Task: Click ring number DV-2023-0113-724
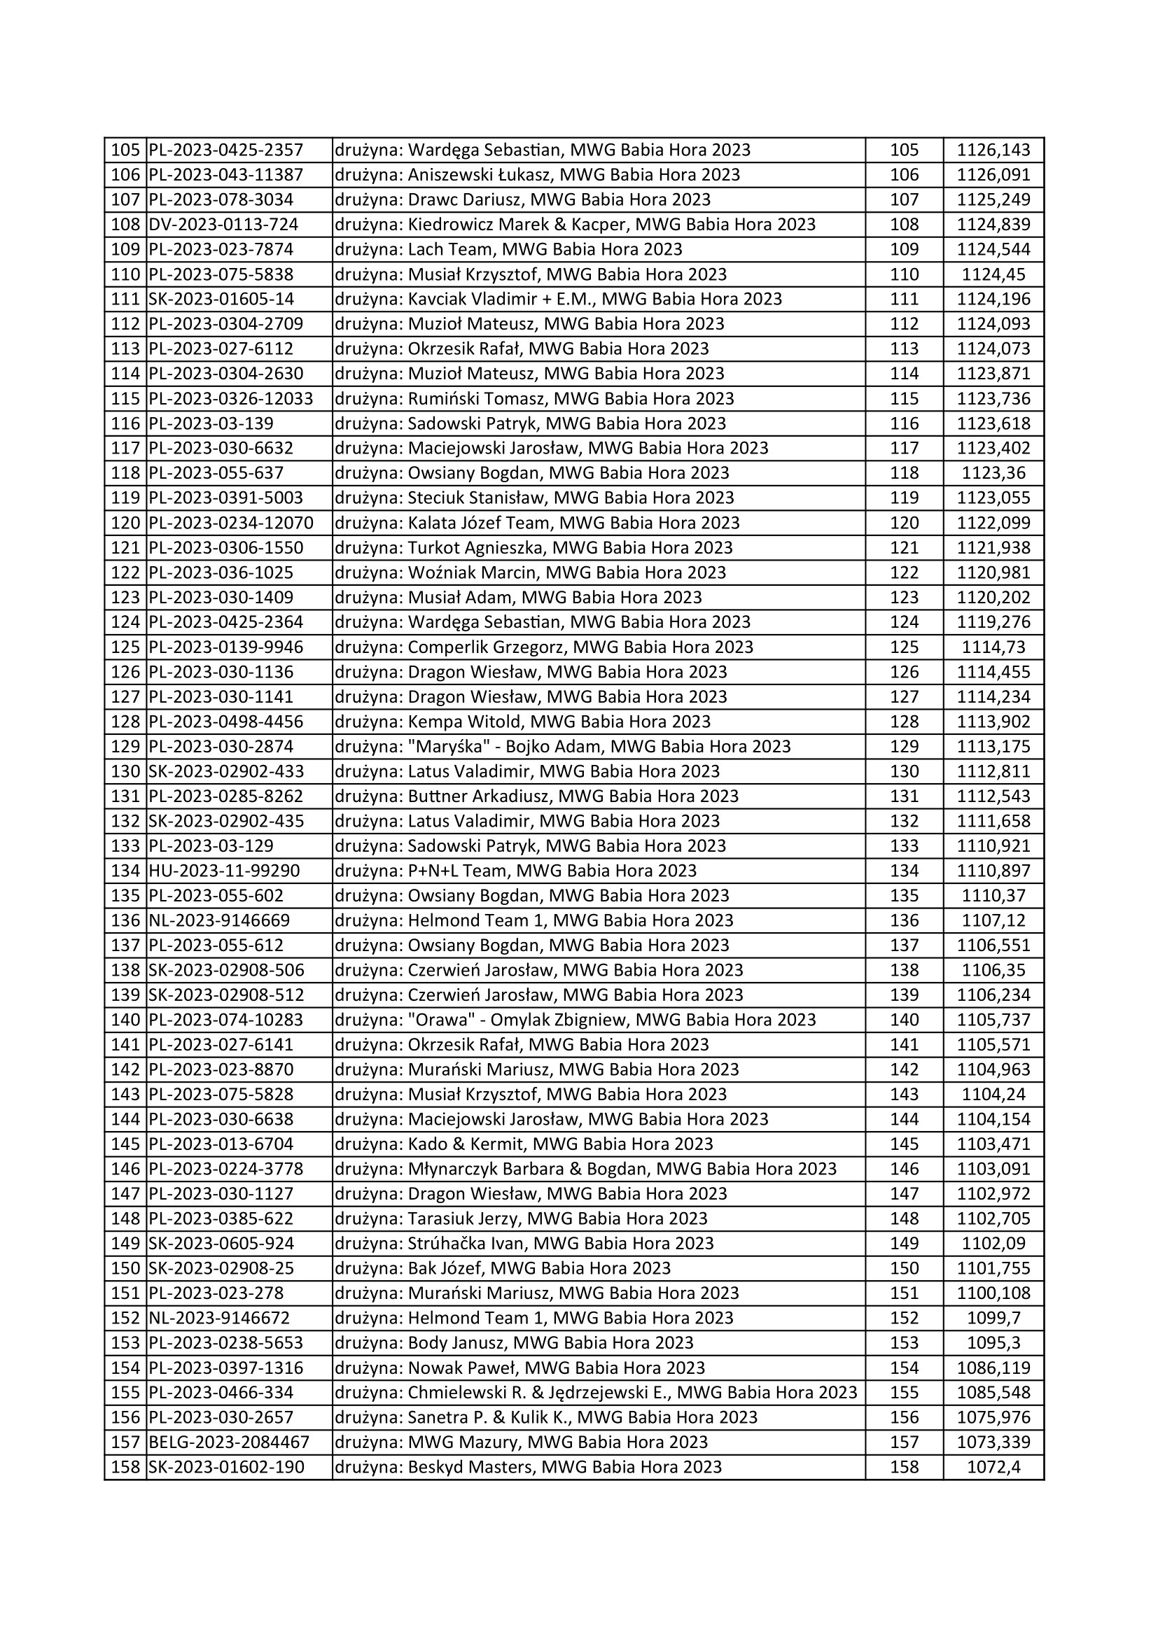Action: point(223,225)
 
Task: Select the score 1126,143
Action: point(993,150)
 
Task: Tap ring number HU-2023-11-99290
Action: point(224,871)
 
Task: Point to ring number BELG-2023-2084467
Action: point(229,1442)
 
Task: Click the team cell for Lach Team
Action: point(508,250)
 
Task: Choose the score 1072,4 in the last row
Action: point(993,1468)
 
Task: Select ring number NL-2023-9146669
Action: point(219,920)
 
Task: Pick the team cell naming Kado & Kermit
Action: point(524,1144)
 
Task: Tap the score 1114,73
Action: point(993,647)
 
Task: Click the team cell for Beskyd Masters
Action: point(528,1468)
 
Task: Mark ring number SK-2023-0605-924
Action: point(221,1244)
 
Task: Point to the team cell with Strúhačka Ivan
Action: point(524,1244)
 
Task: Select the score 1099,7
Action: point(993,1319)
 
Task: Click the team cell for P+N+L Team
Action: point(515,871)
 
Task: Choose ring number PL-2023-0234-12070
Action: point(231,523)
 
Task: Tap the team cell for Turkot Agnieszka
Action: point(533,547)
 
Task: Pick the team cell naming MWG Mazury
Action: point(522,1442)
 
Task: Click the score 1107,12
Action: point(993,920)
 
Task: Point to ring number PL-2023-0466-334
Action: point(221,1393)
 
